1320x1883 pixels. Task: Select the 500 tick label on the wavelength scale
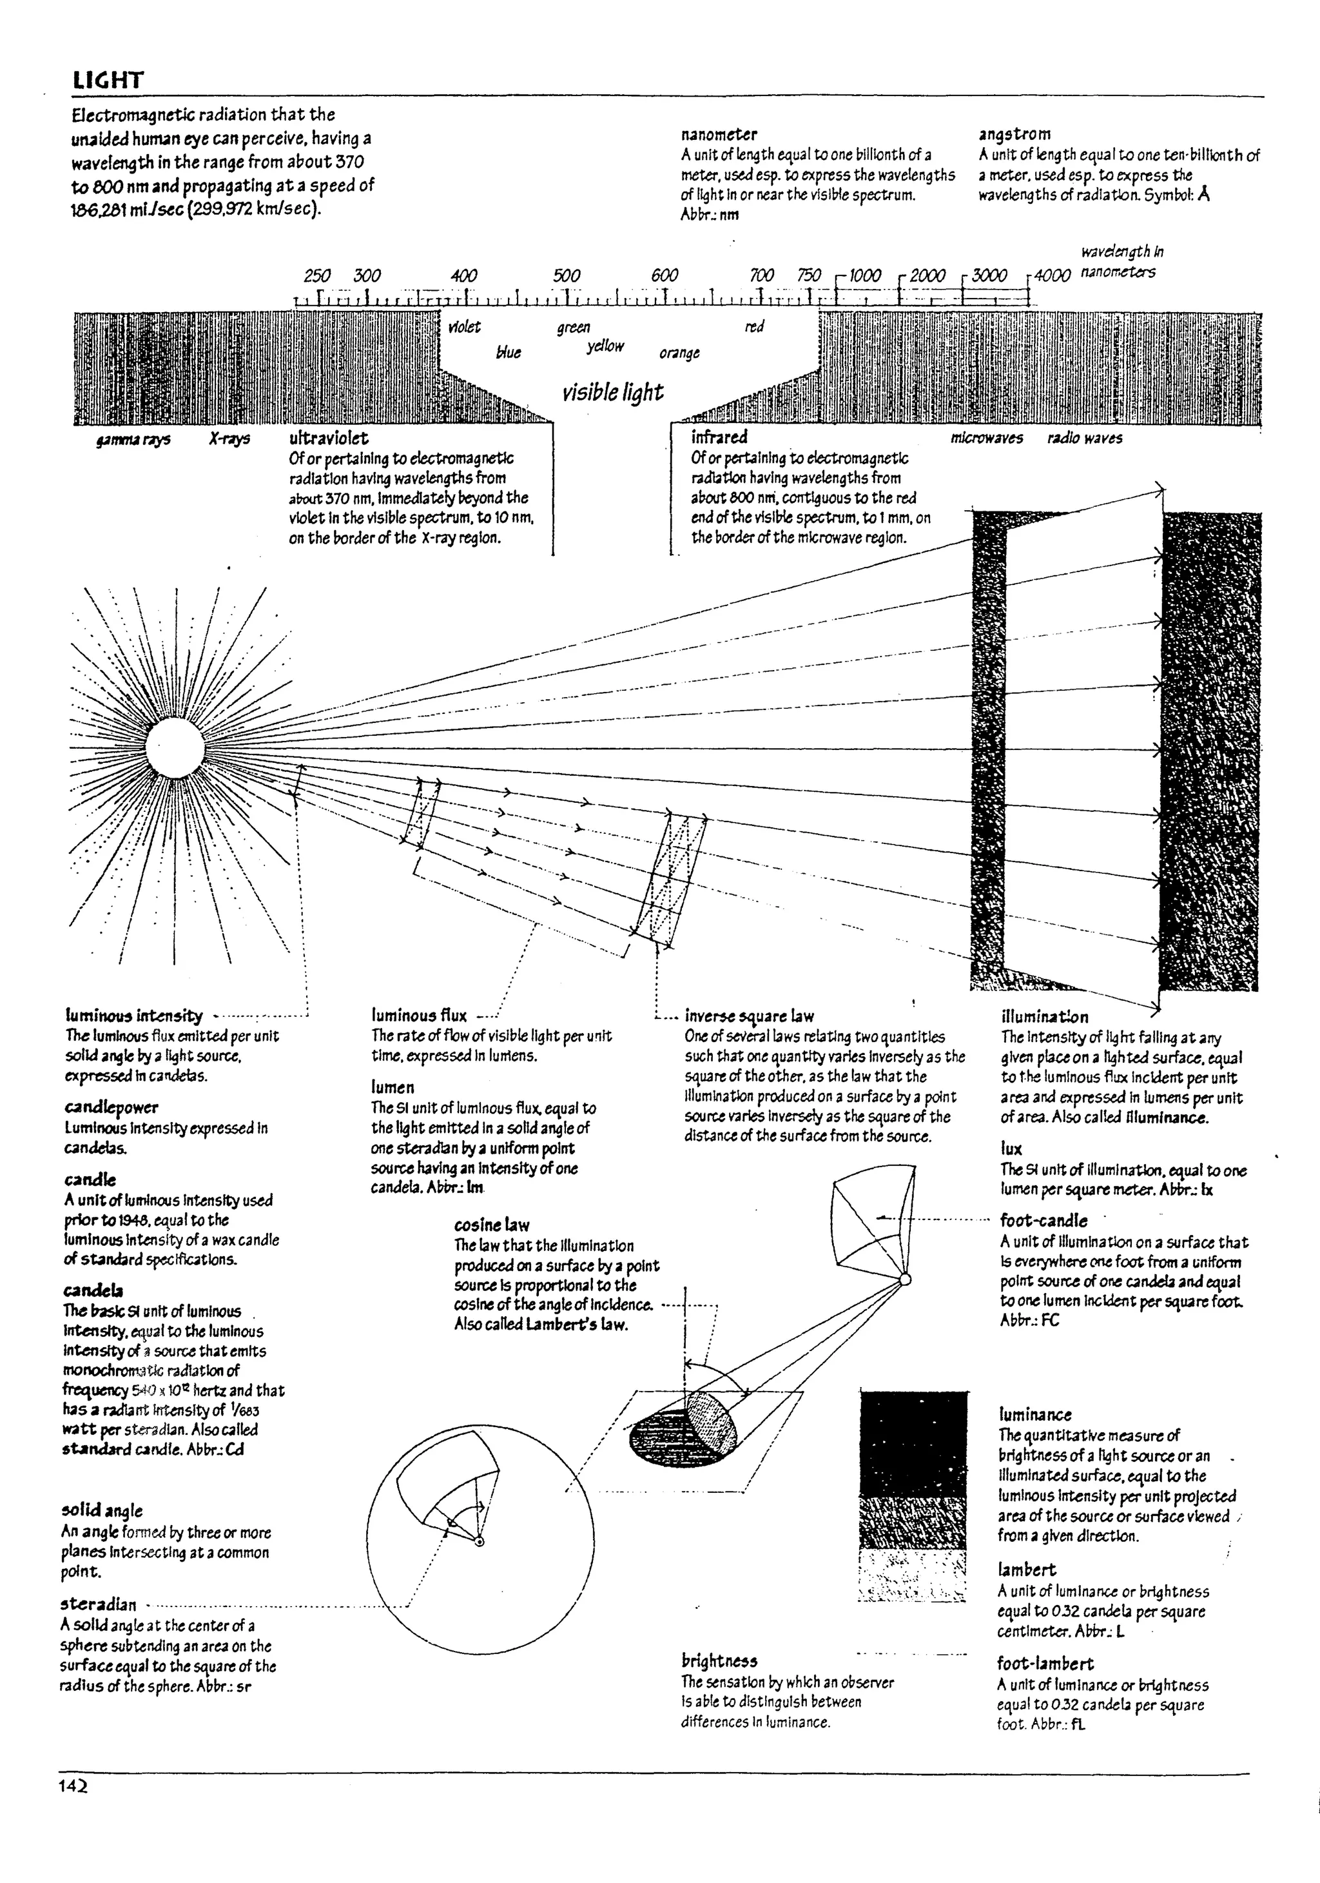coord(567,275)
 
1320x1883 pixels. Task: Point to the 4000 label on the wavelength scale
coord(1052,275)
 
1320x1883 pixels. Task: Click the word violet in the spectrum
coord(465,327)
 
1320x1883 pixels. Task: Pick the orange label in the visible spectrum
coord(680,353)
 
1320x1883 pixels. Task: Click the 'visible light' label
coord(612,393)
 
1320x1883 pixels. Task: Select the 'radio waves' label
coord(1085,439)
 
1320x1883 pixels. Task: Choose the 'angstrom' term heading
coord(1014,133)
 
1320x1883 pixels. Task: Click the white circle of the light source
coord(175,748)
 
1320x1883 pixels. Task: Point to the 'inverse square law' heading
coord(750,1016)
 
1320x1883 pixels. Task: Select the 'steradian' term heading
coord(99,1603)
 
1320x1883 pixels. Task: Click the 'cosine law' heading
coord(492,1225)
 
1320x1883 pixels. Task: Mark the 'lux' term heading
coord(1011,1148)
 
